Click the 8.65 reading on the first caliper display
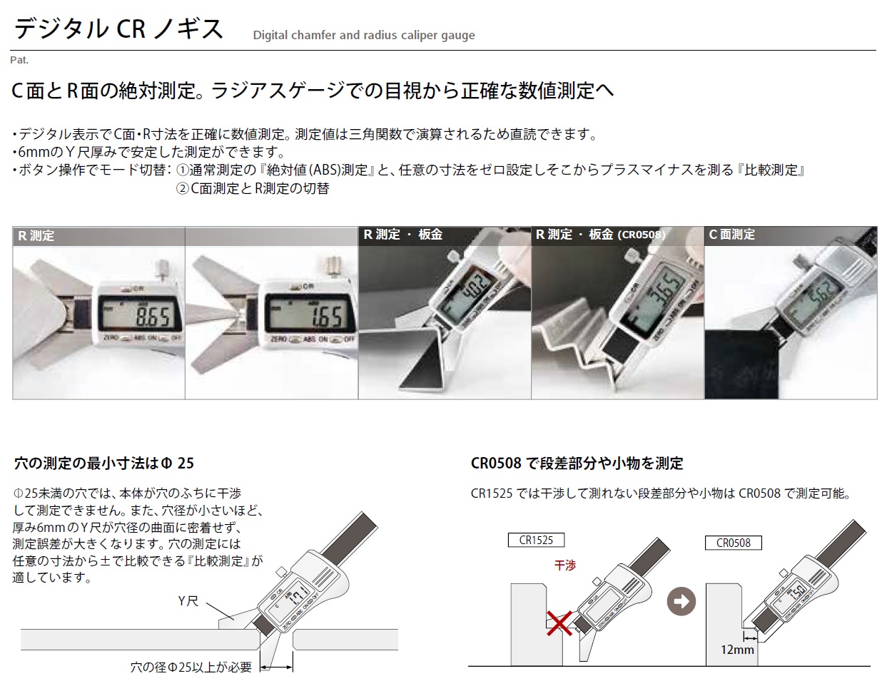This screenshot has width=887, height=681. click(x=152, y=317)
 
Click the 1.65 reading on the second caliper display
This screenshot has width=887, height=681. click(x=326, y=317)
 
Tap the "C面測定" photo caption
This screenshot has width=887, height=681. click(x=732, y=235)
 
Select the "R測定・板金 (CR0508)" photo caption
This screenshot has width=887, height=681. click(x=600, y=235)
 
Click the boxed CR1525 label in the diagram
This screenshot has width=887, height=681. click(x=536, y=540)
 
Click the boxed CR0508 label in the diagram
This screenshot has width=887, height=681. click(x=733, y=543)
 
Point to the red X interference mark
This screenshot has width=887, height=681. click(x=559, y=623)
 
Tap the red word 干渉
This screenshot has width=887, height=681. click(x=565, y=565)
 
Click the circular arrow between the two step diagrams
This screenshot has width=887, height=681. click(x=681, y=601)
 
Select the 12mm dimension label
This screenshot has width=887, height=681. click(x=737, y=649)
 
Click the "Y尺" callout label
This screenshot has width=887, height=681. click(x=188, y=600)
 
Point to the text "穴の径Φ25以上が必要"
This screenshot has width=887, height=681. click(x=191, y=667)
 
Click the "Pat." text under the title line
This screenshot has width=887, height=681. click(x=19, y=60)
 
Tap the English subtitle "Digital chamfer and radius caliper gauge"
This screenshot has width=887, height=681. click(x=364, y=35)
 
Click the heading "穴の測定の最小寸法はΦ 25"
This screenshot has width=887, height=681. click(x=104, y=464)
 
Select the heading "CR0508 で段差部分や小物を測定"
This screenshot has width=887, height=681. click(x=577, y=464)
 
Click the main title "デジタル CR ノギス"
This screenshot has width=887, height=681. click(x=118, y=29)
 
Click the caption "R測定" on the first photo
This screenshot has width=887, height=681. click(x=36, y=236)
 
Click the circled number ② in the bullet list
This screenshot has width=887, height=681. click(x=182, y=188)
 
